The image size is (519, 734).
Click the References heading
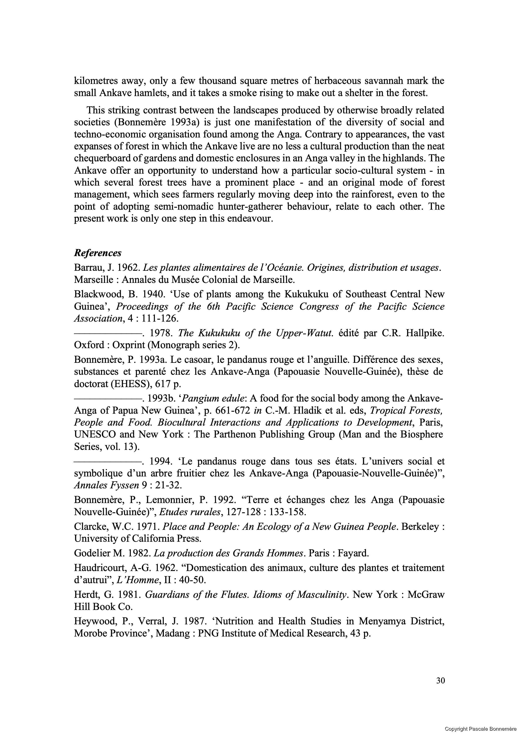click(x=98, y=253)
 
